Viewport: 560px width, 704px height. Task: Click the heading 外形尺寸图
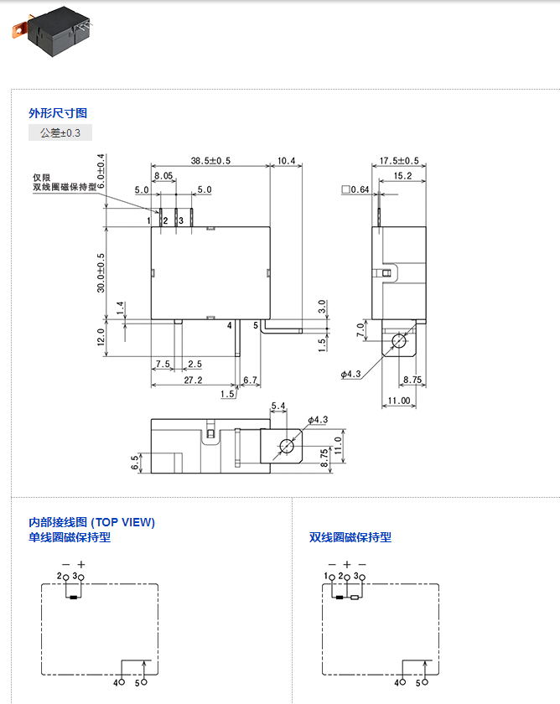click(58, 113)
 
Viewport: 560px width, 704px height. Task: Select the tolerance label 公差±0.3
click(60, 133)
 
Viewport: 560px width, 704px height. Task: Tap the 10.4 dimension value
click(286, 160)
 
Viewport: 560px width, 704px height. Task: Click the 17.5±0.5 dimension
click(398, 160)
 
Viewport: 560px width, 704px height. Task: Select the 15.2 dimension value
click(402, 176)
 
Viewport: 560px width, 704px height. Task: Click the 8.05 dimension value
click(163, 176)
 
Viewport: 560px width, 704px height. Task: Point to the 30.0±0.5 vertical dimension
click(101, 272)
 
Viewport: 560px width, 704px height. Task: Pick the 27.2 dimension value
click(193, 380)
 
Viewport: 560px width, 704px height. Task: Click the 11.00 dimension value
click(399, 401)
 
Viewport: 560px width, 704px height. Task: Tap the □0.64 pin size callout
click(355, 189)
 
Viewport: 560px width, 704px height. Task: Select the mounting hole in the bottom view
click(286, 445)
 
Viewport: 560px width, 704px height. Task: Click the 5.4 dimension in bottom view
click(278, 406)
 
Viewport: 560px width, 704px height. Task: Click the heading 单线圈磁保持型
click(70, 537)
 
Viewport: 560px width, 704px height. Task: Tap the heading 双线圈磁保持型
click(350, 537)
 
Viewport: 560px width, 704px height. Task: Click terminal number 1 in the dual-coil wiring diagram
click(326, 577)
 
